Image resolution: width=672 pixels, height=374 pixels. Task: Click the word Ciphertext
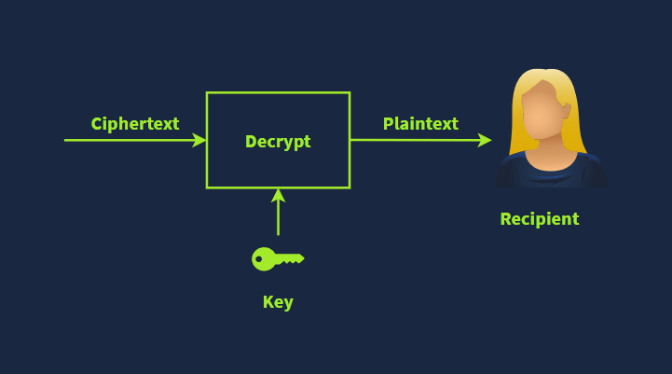135,124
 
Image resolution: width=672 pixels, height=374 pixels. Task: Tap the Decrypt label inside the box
278,142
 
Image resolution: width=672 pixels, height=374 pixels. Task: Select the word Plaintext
420,124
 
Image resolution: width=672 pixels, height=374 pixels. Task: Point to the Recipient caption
540,219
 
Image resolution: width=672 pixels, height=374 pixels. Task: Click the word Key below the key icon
278,302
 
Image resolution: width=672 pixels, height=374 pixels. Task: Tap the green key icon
278,259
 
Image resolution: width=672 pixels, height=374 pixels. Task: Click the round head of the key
263,259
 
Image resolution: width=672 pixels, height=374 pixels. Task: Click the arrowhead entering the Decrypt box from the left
199,140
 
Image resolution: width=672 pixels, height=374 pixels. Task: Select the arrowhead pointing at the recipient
485,140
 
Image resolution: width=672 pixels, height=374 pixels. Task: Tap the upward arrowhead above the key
278,196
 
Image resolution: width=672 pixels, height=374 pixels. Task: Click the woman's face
542,112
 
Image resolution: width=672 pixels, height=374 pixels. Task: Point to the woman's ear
567,111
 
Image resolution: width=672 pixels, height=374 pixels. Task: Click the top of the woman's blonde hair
543,72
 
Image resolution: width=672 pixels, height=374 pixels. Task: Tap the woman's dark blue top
551,173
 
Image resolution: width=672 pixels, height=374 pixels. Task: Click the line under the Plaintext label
417,140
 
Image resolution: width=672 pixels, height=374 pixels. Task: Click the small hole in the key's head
258,259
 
